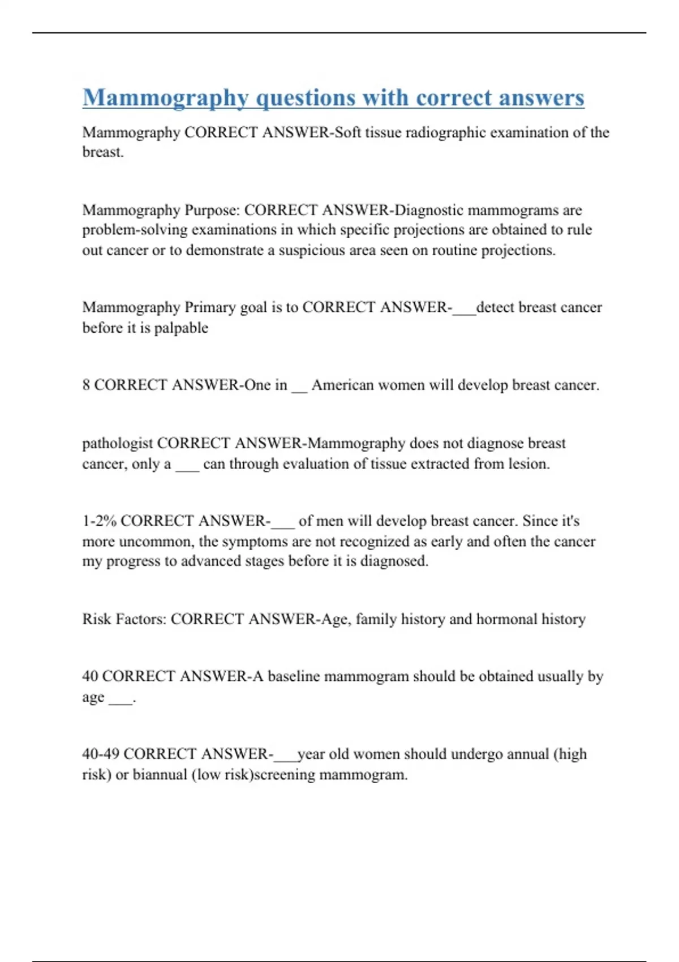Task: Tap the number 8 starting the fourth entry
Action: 86,385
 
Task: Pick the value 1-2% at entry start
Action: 99,521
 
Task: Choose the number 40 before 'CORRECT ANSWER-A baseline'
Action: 90,676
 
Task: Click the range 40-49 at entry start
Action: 100,754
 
